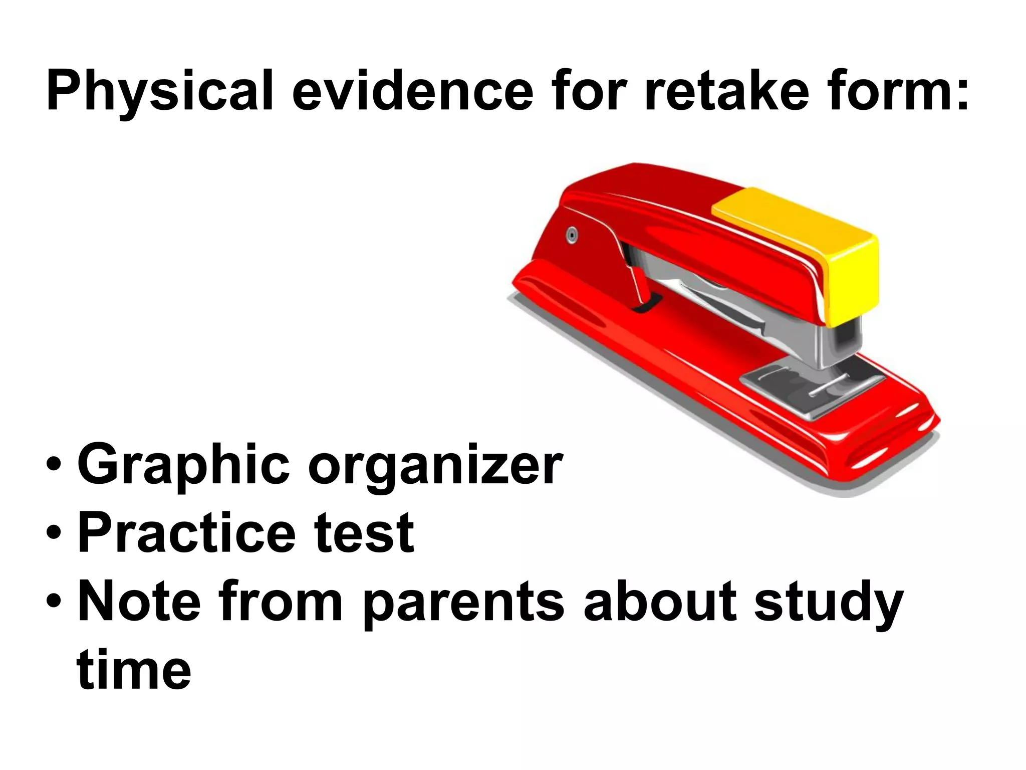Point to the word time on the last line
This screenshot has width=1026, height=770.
[134, 669]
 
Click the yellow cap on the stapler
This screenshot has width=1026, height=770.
[812, 241]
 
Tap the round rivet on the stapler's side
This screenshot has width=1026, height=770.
[572, 235]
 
